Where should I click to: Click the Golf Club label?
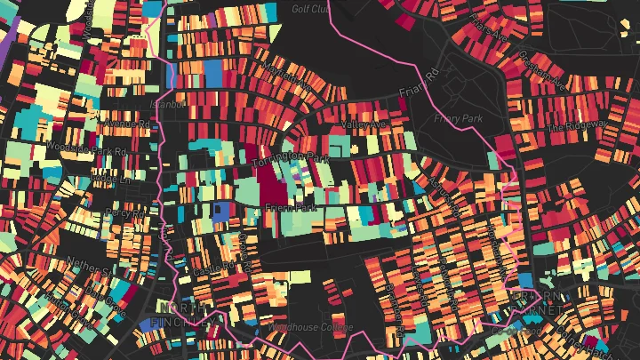[310, 9]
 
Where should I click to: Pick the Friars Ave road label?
[492, 34]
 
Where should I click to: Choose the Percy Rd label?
[124, 214]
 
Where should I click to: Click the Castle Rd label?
[215, 267]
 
